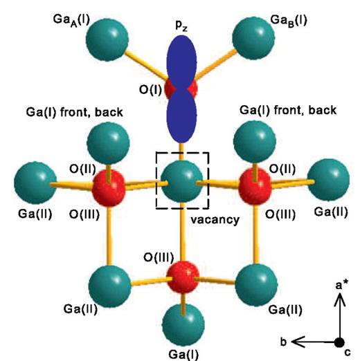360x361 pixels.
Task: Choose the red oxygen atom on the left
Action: [109, 185]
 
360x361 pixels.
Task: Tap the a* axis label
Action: [342, 286]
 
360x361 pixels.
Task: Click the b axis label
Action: [284, 342]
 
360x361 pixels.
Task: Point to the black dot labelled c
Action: [339, 342]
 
